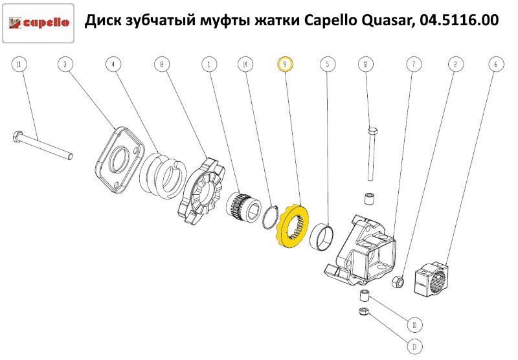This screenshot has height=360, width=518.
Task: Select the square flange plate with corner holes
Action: click(x=118, y=158)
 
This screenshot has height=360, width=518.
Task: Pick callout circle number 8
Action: click(x=161, y=64)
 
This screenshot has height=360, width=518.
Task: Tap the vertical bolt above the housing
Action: click(x=371, y=153)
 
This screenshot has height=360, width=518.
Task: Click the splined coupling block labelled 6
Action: click(x=436, y=277)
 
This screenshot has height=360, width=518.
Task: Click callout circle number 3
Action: click(x=64, y=64)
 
